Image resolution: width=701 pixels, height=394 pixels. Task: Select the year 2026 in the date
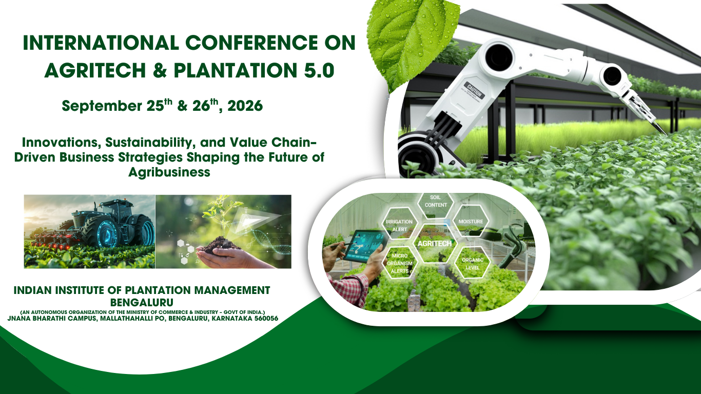point(245,106)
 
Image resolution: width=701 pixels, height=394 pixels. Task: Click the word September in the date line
point(102,106)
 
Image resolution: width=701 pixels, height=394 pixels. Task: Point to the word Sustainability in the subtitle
point(148,143)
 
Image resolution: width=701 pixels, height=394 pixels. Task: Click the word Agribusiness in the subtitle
point(169,172)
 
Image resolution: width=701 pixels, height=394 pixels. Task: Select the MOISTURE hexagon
point(471,221)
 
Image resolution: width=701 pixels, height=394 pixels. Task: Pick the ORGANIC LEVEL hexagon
point(473,264)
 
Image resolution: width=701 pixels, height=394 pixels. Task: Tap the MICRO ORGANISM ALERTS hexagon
point(400,263)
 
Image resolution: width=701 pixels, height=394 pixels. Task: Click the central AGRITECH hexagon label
point(435,244)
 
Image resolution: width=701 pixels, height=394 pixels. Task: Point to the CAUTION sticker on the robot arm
point(474,90)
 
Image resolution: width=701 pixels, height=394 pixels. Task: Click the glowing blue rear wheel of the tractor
point(107,232)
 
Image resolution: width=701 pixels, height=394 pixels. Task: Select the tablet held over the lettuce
point(365,246)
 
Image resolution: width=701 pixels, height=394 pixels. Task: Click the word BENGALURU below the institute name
point(142,303)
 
